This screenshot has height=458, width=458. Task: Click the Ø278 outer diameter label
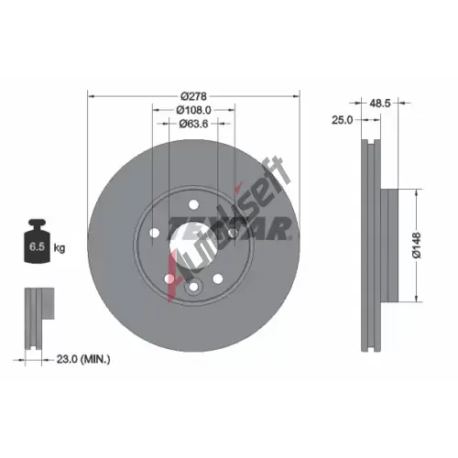193,96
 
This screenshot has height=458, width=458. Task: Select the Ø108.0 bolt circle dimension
193,110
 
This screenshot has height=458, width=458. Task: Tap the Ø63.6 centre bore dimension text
193,124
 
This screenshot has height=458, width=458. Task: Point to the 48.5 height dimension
380,104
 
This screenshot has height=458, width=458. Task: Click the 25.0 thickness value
342,120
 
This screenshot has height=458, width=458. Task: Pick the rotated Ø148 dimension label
417,245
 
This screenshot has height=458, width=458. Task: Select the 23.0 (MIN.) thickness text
83,359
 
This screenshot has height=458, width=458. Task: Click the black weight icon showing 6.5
37,241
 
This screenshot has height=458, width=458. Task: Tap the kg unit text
60,247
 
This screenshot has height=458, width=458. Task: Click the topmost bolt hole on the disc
193,204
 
